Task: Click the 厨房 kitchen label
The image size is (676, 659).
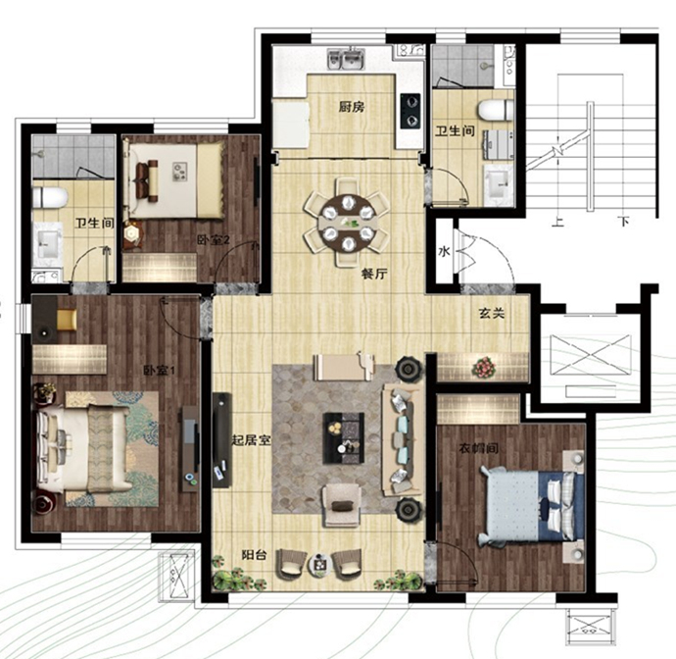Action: (x=352, y=107)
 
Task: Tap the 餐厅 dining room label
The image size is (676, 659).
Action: (x=374, y=274)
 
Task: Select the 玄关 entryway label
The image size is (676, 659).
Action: (x=492, y=313)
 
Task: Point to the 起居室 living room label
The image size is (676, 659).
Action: (x=252, y=440)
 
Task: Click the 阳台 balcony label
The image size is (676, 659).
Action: (x=254, y=555)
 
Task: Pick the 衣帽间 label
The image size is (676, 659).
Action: (x=478, y=448)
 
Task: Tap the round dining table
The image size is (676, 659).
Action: (x=347, y=222)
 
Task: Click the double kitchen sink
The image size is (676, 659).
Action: (x=347, y=59)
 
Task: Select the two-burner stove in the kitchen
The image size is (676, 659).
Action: (x=410, y=111)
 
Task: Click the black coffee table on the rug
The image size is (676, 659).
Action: (x=344, y=438)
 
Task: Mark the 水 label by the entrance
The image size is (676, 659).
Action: (x=444, y=251)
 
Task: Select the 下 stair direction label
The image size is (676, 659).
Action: (x=624, y=222)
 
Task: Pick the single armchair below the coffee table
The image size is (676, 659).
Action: (x=342, y=505)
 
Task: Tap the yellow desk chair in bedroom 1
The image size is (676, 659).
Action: (x=67, y=320)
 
